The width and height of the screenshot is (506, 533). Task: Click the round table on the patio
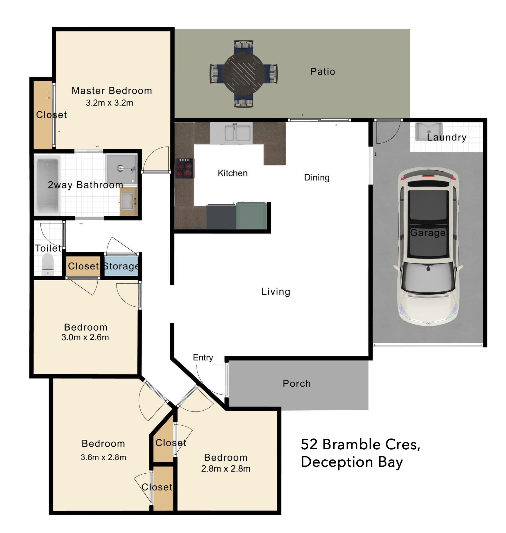click(x=244, y=73)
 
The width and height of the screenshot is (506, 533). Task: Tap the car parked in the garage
click(x=428, y=246)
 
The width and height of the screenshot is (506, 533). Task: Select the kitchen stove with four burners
click(x=185, y=168)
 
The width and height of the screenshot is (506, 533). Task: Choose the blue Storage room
click(x=121, y=266)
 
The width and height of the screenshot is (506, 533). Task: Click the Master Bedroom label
click(x=112, y=91)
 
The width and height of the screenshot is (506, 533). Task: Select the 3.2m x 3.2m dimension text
click(x=110, y=103)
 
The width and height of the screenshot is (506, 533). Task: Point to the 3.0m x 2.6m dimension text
click(x=85, y=337)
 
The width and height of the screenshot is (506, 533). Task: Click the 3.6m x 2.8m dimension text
click(x=103, y=457)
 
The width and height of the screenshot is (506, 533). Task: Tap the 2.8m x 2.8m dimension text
click(x=226, y=468)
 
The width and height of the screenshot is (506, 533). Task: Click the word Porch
click(x=297, y=384)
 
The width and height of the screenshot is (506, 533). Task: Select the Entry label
click(x=203, y=358)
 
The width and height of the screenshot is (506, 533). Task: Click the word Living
click(x=276, y=292)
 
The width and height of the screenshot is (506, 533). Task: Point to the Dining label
click(x=317, y=177)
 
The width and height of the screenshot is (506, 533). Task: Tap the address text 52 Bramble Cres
click(x=360, y=445)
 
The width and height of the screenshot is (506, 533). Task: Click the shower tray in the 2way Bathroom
click(x=121, y=169)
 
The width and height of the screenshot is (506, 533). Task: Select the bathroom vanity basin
click(x=128, y=201)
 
